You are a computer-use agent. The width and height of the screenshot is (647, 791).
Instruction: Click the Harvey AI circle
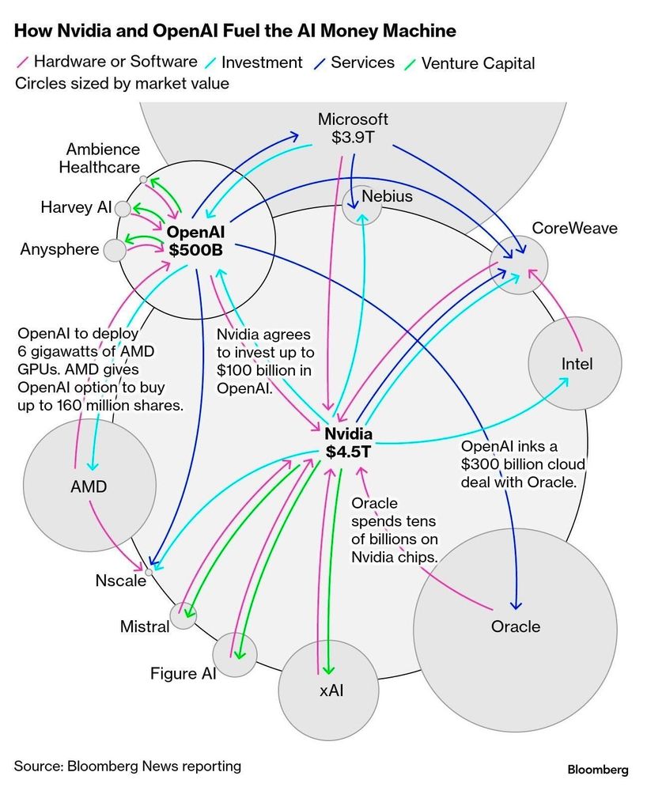point(123,209)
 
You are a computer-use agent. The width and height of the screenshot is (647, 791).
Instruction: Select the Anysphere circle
point(115,251)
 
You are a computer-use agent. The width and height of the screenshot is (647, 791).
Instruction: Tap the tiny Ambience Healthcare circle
point(143,180)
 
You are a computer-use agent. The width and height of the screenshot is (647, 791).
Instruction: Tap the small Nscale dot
point(148,570)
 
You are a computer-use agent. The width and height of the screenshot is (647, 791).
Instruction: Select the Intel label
point(577,365)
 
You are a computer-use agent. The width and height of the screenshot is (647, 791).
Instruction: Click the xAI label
point(331,691)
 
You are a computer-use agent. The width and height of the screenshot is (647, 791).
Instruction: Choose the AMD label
point(89,486)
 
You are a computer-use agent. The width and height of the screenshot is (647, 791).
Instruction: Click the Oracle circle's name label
point(516,626)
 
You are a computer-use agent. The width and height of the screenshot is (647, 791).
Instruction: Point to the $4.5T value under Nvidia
point(348,452)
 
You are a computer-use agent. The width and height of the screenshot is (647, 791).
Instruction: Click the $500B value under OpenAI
point(195,250)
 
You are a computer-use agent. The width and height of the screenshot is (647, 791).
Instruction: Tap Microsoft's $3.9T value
point(353,138)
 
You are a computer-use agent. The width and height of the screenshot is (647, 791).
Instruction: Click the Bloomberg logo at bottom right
point(597,769)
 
